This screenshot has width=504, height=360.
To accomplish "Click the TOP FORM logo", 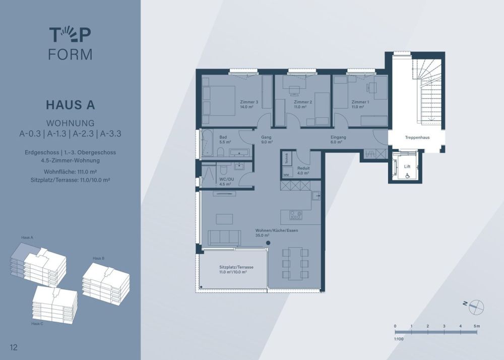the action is click(x=71, y=44).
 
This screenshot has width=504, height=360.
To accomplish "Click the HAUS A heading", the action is click(x=71, y=105).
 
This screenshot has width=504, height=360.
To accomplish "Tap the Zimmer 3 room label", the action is click(x=249, y=102).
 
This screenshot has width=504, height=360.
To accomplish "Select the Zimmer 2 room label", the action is click(x=303, y=102).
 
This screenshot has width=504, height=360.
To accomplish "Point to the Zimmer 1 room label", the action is click(x=360, y=102).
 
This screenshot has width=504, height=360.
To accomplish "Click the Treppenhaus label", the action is click(x=417, y=137).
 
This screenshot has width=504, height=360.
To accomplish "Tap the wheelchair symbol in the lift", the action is click(x=408, y=175).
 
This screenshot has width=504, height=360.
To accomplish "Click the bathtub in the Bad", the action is click(x=207, y=143).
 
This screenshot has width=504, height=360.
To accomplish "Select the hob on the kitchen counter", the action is click(x=296, y=215).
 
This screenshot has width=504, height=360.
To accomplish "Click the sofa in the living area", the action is click(x=224, y=237).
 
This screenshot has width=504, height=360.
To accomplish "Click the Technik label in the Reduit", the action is click(x=287, y=158).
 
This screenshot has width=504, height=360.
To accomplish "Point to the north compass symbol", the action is click(x=476, y=307).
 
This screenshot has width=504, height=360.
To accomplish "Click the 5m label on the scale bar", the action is click(x=476, y=326).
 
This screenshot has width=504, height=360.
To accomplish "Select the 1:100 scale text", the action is click(x=399, y=339).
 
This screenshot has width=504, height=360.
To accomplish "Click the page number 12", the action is click(x=14, y=347).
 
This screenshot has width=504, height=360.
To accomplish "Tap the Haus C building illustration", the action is click(x=54, y=304).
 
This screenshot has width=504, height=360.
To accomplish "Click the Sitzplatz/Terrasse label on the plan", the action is click(x=236, y=267).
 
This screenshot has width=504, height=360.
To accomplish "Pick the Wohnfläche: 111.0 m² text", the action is click(x=71, y=171).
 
